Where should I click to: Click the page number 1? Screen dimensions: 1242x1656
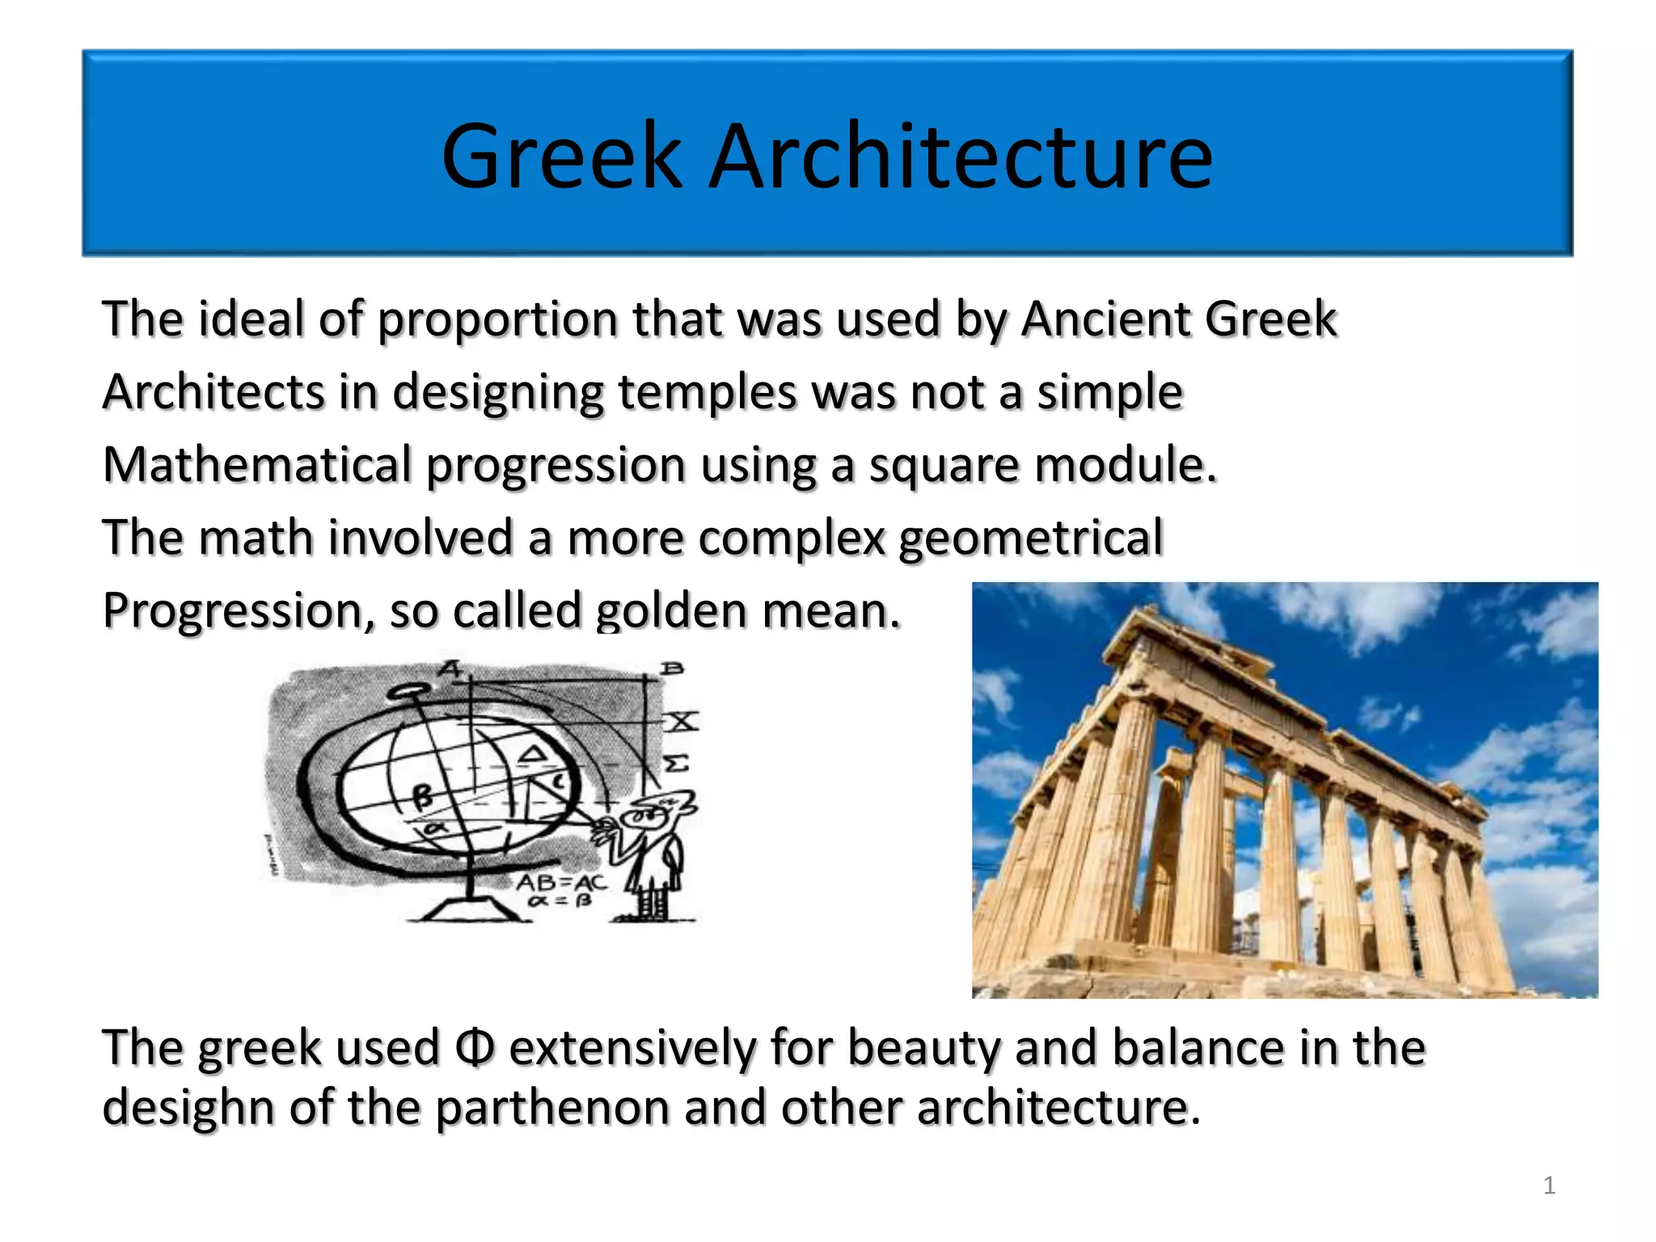pyautogui.click(x=1549, y=1185)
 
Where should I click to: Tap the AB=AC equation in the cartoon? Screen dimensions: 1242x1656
pyautogui.click(x=561, y=882)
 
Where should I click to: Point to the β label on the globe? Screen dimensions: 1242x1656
pyautogui.click(x=423, y=797)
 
